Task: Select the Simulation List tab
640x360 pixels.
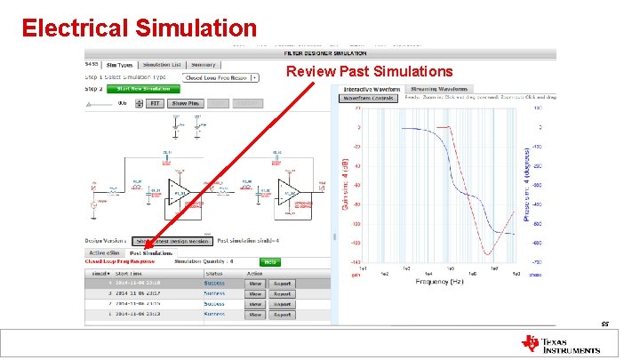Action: coord(162,64)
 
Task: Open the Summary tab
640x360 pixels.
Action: coord(203,64)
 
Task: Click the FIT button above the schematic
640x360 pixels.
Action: coord(155,103)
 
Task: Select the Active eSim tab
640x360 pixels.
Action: coord(102,253)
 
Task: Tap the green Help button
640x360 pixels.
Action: coord(270,262)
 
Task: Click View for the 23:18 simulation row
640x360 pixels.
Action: coord(255,283)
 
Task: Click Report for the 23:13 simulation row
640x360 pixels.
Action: coord(281,315)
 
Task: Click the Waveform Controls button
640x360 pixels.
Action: coord(366,99)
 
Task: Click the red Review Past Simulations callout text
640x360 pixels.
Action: coord(369,71)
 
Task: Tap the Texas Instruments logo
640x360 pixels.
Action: coord(560,343)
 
